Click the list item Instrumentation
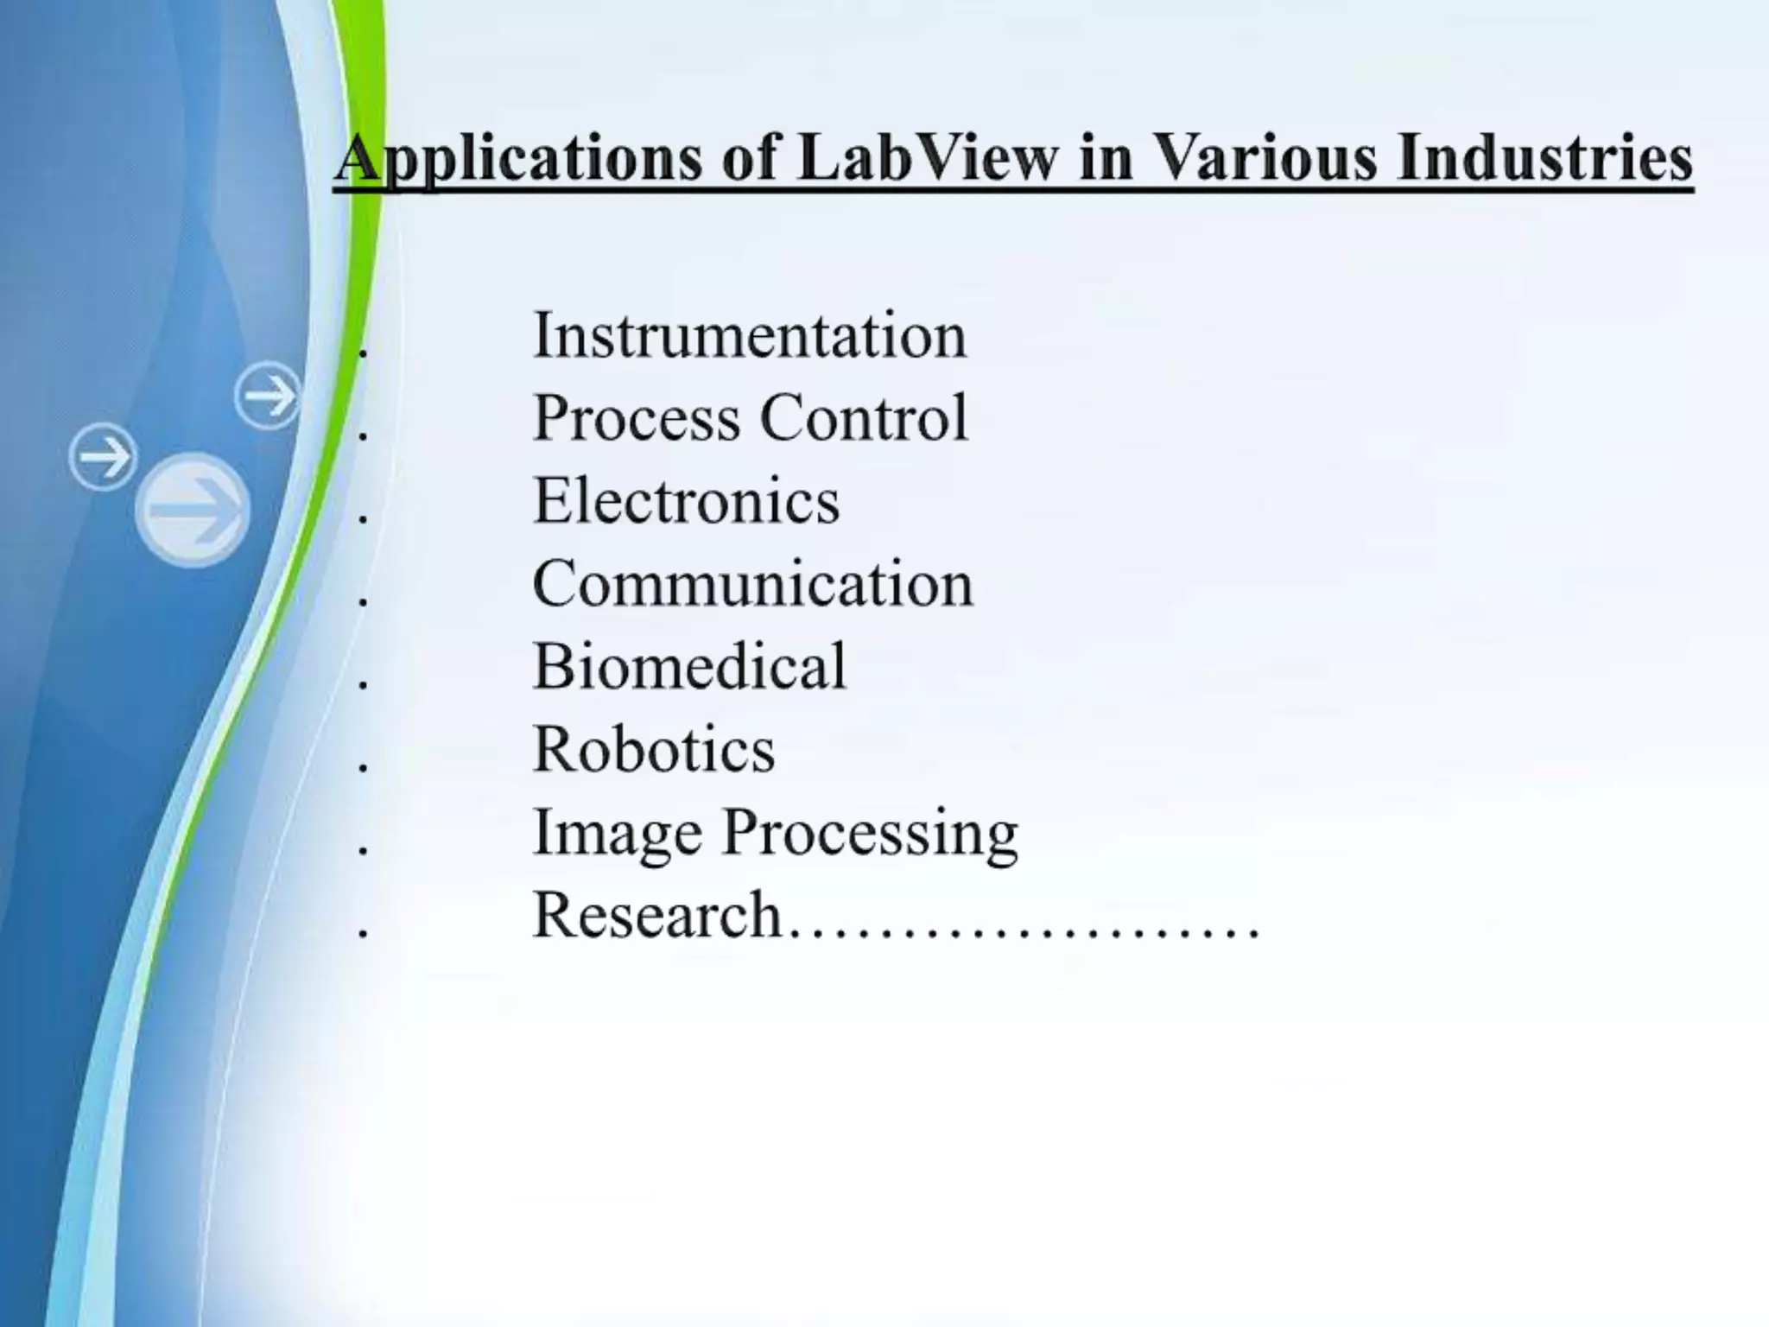749,335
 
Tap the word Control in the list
864,418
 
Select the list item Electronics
686,501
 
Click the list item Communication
752,584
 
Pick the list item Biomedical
689,667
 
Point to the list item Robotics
654,749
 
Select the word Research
656,915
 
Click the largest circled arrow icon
193,511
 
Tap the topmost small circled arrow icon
268,396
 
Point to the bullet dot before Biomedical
364,686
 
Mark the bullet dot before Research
364,934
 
